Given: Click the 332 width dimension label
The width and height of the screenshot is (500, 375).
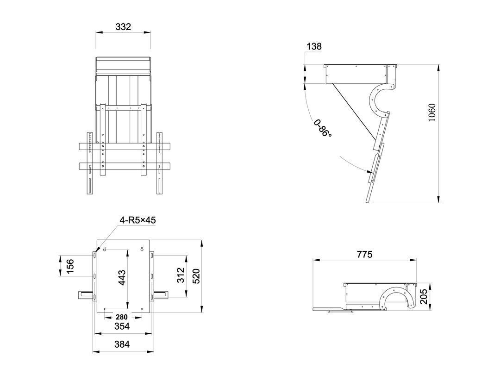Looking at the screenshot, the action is point(123,27).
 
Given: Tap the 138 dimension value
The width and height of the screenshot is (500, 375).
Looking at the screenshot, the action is point(314,47).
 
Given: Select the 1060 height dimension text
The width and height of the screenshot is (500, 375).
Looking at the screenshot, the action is point(431,112).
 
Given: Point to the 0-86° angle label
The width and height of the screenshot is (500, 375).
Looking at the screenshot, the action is point(322,128).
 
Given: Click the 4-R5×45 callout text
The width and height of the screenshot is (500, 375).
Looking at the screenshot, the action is point(138,220).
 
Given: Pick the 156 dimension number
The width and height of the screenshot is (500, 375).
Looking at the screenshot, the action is point(69,266).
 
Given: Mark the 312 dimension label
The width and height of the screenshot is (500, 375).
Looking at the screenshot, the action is point(181,275).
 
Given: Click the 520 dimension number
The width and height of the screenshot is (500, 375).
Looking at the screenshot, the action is point(196,276).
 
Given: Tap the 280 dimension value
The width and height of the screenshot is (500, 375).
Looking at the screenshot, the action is point(121,317).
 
